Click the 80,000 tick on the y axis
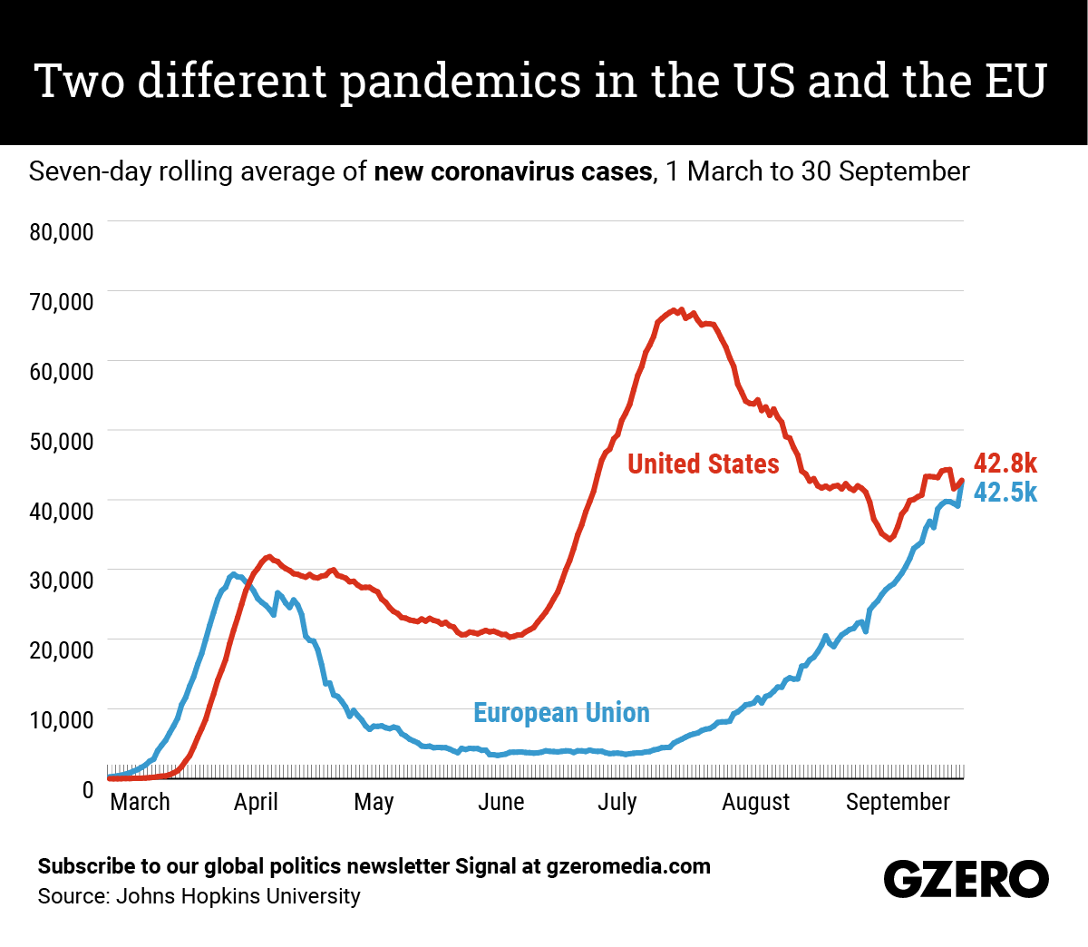tap(62, 232)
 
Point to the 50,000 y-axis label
tap(62, 442)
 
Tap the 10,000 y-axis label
tap(62, 720)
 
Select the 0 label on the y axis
tap(88, 790)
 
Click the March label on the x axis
tap(140, 802)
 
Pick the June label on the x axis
tap(500, 802)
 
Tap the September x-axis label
tap(898, 802)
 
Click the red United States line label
tap(703, 464)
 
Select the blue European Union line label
tap(561, 713)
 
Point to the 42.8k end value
tap(1005, 464)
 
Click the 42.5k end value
tap(1005, 493)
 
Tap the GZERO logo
tap(966, 879)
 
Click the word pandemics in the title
tap(460, 81)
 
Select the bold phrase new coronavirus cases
tap(512, 171)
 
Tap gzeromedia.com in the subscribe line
tap(628, 866)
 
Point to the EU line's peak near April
tap(233, 574)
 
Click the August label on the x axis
tap(755, 802)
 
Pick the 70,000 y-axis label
tap(62, 302)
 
